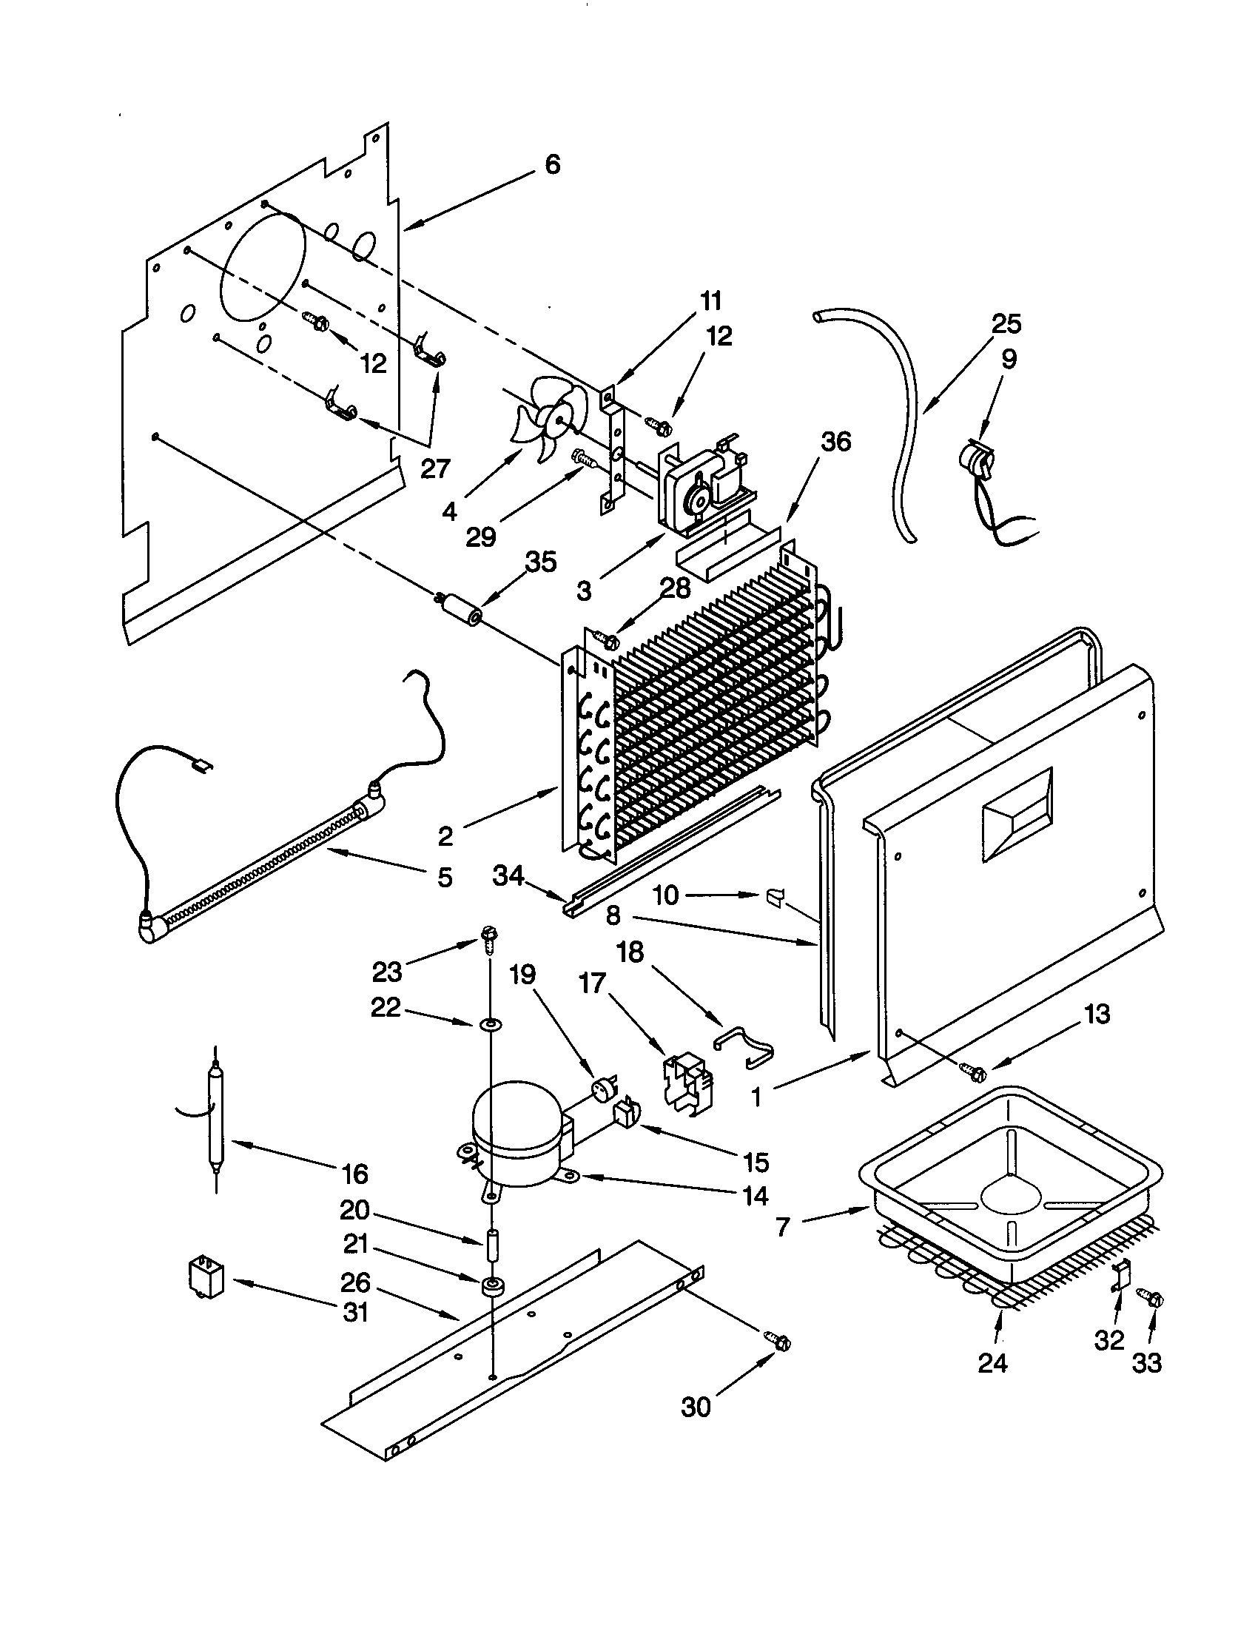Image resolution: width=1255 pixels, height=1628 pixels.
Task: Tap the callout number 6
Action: (552, 165)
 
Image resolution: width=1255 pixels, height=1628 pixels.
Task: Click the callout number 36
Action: (835, 441)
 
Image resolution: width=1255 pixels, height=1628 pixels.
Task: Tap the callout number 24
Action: (992, 1364)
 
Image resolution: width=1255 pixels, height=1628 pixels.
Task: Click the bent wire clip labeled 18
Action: (745, 1043)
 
